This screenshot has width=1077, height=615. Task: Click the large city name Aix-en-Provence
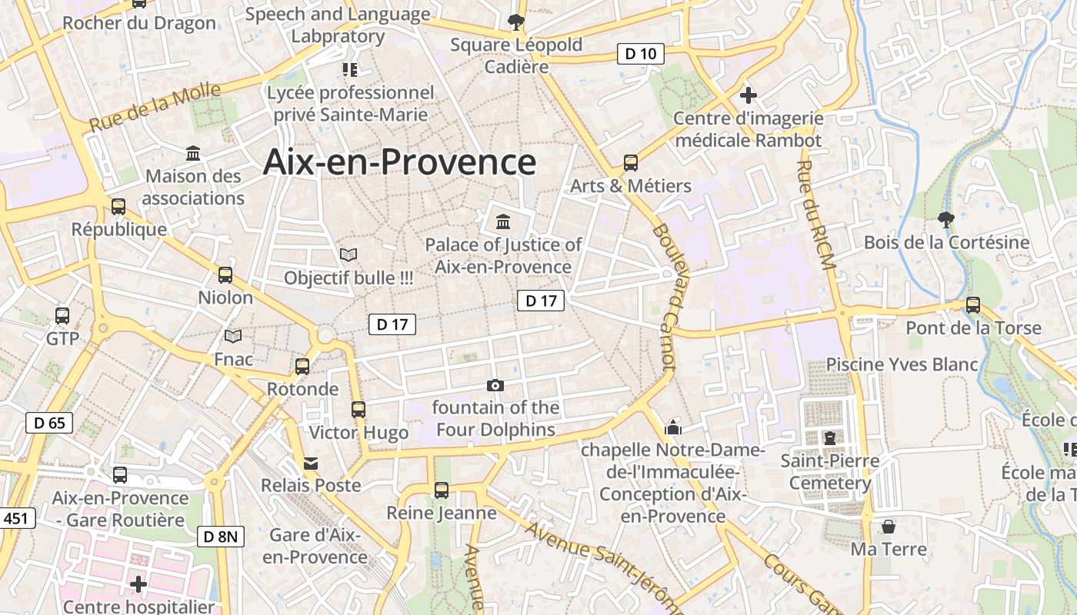tap(399, 162)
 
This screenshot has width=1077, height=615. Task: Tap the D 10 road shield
tap(640, 54)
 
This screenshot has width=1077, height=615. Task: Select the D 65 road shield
tap(49, 422)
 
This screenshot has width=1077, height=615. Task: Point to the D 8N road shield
tap(222, 536)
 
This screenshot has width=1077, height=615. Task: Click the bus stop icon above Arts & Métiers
tap(631, 163)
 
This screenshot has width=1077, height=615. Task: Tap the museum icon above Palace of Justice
tap(503, 222)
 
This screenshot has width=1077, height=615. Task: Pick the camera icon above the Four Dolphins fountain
tap(495, 385)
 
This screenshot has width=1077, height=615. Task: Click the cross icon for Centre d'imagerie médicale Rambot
tap(748, 95)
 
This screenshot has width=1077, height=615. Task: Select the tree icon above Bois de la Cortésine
tap(946, 220)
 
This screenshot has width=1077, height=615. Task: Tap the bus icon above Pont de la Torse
tap(973, 305)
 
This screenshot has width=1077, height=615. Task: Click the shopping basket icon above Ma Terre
tap(889, 527)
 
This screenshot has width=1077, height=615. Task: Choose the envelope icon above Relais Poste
tap(311, 463)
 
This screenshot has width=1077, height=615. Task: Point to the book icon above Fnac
tap(233, 336)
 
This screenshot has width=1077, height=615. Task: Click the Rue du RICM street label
tap(816, 215)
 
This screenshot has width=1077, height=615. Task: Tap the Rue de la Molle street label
tap(155, 108)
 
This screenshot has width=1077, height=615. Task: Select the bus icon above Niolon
tap(225, 274)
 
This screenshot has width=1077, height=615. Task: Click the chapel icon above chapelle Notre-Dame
tap(673, 427)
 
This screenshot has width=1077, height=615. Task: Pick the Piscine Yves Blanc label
tap(902, 364)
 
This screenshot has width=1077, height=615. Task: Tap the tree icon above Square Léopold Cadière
tap(515, 22)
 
